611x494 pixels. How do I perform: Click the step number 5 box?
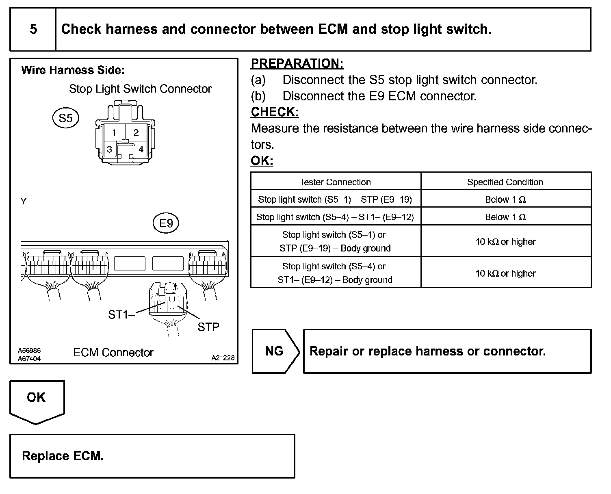point(33,29)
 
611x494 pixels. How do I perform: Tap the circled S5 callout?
point(65,118)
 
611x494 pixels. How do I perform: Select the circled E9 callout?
point(166,223)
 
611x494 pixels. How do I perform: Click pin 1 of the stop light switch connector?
point(114,132)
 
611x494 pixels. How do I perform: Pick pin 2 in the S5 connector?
point(136,132)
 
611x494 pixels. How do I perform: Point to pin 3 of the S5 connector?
point(109,149)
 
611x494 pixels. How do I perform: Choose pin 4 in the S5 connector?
point(141,149)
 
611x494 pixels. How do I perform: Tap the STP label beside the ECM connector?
point(208,327)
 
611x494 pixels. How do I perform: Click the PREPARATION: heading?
point(297,64)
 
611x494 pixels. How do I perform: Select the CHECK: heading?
point(275,112)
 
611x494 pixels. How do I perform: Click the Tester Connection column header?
point(335,182)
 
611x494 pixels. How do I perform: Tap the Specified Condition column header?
point(505,182)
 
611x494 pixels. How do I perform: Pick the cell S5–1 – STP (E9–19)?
point(335,199)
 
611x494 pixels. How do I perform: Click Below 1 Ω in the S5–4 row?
point(505,217)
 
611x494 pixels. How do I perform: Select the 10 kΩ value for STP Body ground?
point(505,242)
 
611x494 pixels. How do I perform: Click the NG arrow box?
point(275,351)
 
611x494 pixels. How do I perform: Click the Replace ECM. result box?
point(152,456)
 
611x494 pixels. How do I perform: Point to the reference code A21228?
point(223,358)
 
